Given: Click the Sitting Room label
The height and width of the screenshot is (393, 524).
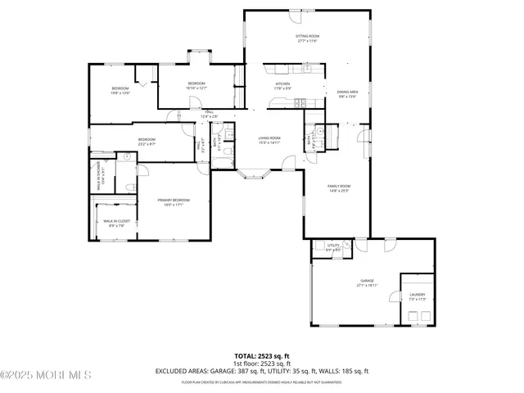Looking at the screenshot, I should click(x=307, y=38).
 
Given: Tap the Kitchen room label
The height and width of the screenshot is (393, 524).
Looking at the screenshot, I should click(x=282, y=84).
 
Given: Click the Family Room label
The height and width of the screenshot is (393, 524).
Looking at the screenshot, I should click(x=339, y=188).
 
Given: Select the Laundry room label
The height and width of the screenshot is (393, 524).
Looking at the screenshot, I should click(x=418, y=296).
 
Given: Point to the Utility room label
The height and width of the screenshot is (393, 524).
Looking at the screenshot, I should click(x=333, y=246).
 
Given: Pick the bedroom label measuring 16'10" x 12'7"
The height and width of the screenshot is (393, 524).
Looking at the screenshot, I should click(x=196, y=85).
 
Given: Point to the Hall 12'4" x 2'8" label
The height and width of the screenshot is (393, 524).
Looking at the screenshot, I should click(x=210, y=115).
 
